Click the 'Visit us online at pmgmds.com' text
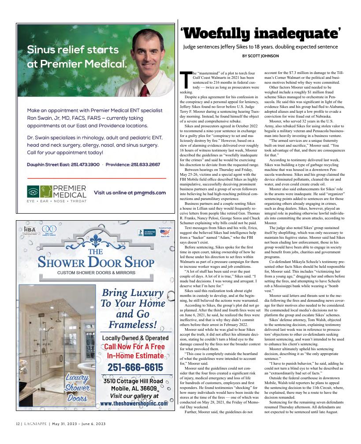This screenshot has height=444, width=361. [x=130, y=192]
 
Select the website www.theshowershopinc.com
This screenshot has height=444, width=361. [x=134, y=403]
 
